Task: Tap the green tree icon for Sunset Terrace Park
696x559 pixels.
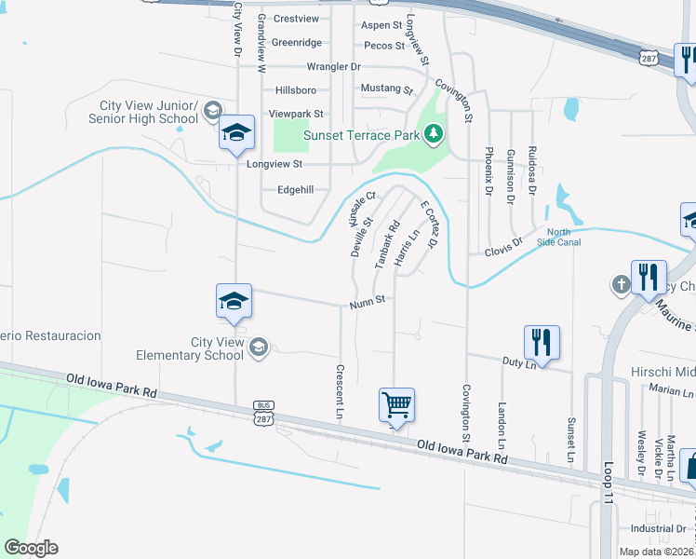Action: [433, 135]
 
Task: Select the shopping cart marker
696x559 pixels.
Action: [397, 406]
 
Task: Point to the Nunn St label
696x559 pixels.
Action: [368, 303]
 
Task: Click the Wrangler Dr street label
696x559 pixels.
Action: [333, 67]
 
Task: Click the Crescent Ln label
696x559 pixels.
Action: [341, 390]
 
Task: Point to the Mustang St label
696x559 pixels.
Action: [387, 90]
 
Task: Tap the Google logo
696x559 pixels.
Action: [31, 547]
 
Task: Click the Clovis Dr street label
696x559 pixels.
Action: [503, 246]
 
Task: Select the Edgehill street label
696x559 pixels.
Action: [296, 189]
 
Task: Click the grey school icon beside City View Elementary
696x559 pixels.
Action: [259, 348]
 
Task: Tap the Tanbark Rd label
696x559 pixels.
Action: [386, 245]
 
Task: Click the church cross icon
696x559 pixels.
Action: [622, 285]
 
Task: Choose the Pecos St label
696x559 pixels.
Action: [384, 45]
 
